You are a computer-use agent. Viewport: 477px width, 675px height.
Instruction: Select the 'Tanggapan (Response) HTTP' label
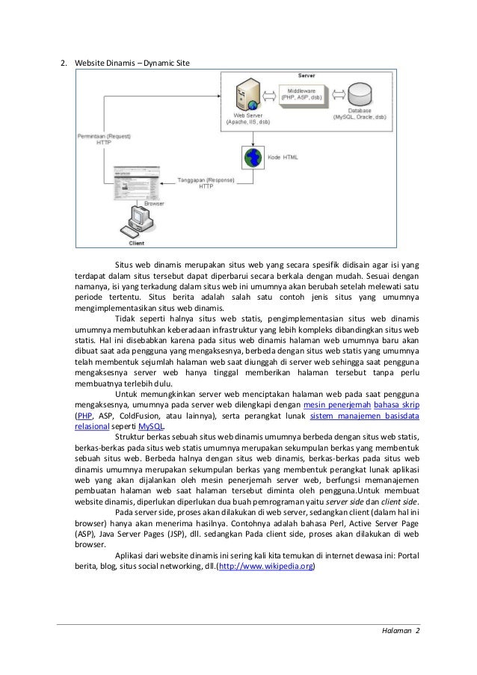[x=204, y=182]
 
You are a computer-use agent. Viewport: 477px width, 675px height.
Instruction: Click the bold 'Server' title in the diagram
[x=307, y=76]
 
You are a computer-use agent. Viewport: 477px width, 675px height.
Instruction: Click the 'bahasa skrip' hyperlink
[x=396, y=404]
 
